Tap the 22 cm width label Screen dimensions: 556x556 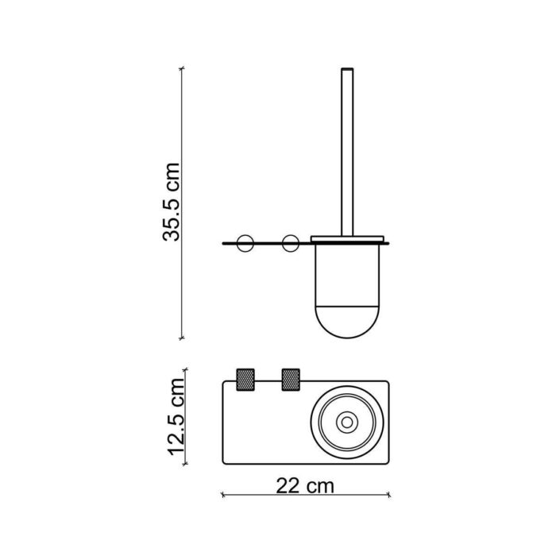[x=305, y=484]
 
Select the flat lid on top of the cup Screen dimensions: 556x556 [x=348, y=239]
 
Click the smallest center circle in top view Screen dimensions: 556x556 [x=347, y=421]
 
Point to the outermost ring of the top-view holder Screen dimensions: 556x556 [x=347, y=384]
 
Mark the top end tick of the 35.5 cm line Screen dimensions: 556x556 [x=183, y=68]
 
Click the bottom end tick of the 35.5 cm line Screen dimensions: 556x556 [x=183, y=337]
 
